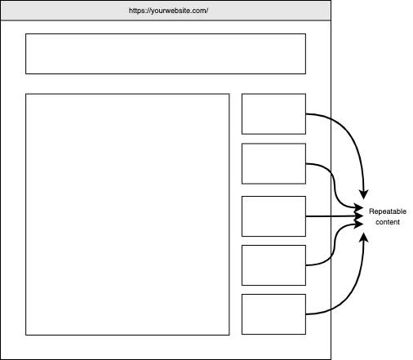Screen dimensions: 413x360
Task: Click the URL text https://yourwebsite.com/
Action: tap(168, 11)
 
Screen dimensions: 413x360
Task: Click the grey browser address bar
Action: tap(166, 11)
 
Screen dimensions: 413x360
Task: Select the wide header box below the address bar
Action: tap(166, 54)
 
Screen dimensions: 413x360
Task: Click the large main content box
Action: tap(127, 215)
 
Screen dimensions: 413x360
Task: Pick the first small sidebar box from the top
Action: tap(273, 114)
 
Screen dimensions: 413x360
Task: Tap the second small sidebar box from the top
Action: tap(273, 163)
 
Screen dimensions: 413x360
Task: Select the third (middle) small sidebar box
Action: tap(273, 216)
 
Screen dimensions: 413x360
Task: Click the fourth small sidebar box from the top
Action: tap(273, 265)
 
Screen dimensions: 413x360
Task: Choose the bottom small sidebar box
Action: tap(273, 314)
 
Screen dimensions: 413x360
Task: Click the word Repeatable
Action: tap(388, 211)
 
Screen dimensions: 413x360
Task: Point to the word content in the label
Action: tap(388, 222)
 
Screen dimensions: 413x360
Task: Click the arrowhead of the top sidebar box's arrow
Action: tap(364, 194)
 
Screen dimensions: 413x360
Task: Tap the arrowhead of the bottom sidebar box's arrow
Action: tap(364, 238)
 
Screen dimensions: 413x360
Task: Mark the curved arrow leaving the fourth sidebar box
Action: tap(334, 245)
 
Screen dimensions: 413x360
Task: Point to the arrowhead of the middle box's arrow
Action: tap(359, 216)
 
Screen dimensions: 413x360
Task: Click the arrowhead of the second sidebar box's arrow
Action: tap(359, 208)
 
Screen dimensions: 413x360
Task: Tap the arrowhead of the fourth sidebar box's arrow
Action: tap(359, 224)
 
